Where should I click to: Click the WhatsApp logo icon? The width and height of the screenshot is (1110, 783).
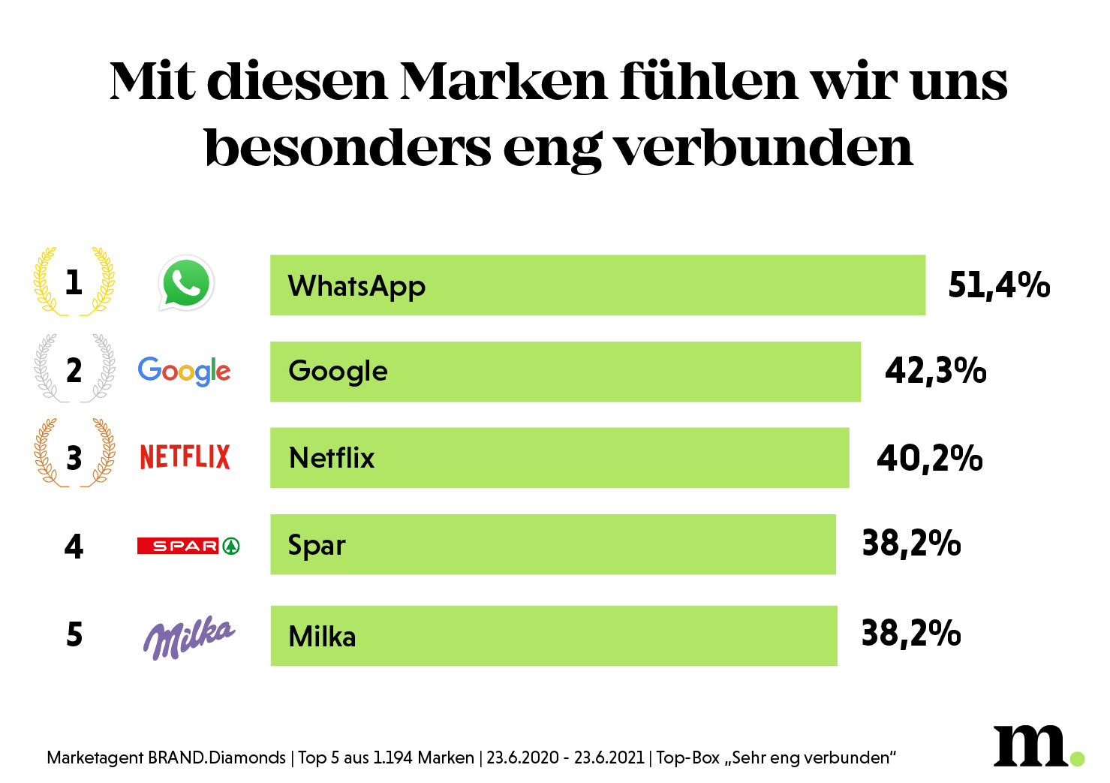(x=186, y=283)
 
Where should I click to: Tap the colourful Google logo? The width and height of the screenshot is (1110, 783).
(x=184, y=371)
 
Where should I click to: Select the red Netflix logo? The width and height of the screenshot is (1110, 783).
(x=185, y=457)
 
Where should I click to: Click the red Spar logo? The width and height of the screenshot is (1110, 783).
(x=188, y=546)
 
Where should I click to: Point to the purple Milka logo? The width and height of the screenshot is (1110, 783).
(x=188, y=637)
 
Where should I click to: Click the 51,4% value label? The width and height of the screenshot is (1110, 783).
(x=998, y=285)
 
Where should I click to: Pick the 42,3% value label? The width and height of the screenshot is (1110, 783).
(x=935, y=371)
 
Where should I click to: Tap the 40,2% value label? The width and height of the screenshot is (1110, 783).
(x=929, y=458)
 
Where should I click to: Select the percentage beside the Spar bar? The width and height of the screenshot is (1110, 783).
(x=911, y=544)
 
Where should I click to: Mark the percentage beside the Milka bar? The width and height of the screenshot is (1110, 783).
(x=910, y=634)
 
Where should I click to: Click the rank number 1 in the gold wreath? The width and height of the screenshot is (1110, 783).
(x=74, y=283)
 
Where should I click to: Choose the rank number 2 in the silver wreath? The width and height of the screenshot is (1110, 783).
(x=74, y=371)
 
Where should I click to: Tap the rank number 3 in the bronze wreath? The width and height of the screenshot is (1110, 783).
(x=74, y=458)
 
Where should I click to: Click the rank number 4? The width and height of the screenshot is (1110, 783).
(x=74, y=547)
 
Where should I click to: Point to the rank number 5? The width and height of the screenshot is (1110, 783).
(x=74, y=635)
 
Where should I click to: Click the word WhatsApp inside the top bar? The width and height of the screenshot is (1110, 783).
(x=356, y=287)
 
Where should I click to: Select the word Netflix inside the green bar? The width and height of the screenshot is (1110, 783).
(x=331, y=458)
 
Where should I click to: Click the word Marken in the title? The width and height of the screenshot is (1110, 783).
(x=503, y=81)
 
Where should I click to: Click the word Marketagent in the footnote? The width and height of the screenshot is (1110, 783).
(x=95, y=757)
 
